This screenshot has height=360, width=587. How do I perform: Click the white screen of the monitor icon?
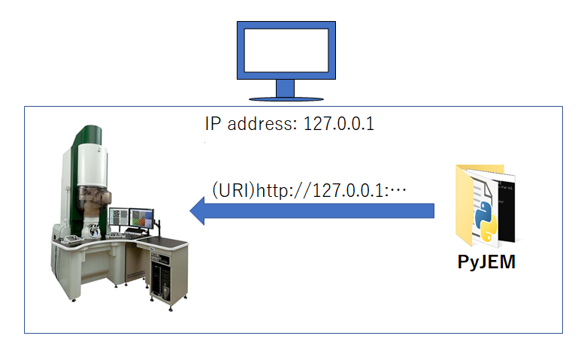[286, 50]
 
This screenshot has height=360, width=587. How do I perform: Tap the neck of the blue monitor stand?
[286, 89]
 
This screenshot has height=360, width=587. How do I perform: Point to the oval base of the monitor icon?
[286, 99]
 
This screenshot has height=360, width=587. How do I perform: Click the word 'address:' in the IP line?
[262, 123]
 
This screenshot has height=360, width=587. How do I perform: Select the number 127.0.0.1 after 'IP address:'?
[338, 124]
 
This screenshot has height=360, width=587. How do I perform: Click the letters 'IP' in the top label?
[213, 123]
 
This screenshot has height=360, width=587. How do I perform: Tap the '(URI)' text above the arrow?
[233, 190]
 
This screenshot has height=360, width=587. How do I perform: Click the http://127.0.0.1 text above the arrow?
[321, 190]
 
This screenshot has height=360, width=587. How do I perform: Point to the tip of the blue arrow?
[190, 210]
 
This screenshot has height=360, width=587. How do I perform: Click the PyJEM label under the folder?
[486, 262]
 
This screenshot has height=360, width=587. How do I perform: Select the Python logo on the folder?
[486, 221]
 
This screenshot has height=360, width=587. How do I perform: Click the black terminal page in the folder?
[507, 210]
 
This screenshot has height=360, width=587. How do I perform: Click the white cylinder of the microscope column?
[92, 165]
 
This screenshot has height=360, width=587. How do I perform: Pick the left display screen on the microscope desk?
[119, 217]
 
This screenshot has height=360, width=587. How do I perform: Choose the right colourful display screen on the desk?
[141, 219]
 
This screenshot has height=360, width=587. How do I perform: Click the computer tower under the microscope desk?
[160, 274]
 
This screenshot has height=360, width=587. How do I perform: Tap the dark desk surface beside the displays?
[164, 243]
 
